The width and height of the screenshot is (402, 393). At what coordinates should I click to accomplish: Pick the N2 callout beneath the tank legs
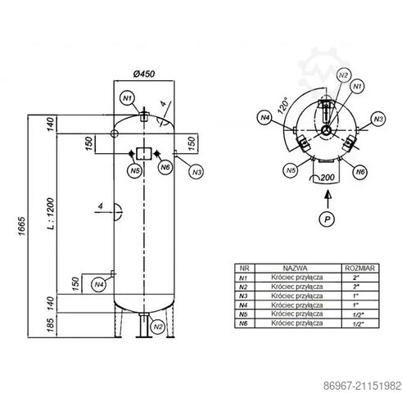(x=159, y=327)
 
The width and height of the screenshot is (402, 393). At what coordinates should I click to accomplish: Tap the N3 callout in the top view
(x=377, y=120)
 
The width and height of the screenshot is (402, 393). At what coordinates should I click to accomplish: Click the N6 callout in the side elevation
(x=164, y=167)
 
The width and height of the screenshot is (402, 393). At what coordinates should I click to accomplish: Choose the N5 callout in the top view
(x=290, y=170)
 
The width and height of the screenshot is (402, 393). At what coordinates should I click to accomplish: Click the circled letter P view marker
(x=326, y=220)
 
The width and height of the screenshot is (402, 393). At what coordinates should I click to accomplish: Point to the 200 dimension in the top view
(x=328, y=177)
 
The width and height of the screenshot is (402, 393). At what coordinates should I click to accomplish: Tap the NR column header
(x=243, y=268)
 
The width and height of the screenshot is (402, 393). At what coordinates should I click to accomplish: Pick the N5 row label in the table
(x=243, y=314)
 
